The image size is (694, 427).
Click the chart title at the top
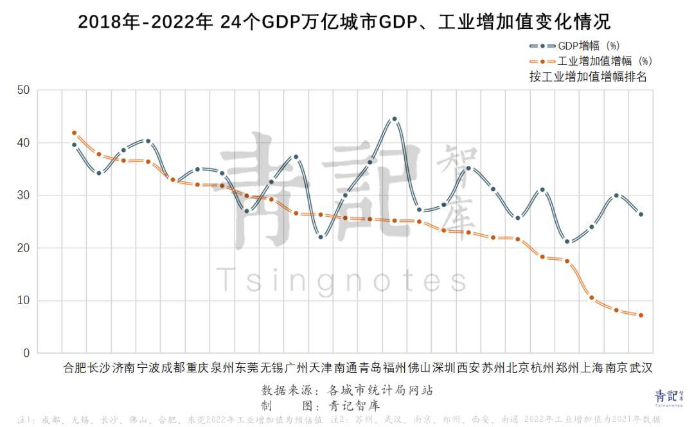point(344,22)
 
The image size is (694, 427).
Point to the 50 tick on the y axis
point(24,90)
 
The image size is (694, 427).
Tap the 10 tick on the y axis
point(24,301)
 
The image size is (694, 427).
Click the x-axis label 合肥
point(75,368)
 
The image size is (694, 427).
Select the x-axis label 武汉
point(641,368)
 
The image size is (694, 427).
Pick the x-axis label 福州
point(395,368)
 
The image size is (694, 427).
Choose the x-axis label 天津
point(321,368)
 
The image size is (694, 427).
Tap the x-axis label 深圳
point(443,368)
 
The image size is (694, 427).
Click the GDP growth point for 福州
point(395,119)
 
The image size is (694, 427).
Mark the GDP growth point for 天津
point(321,237)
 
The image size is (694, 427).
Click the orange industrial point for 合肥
point(75,133)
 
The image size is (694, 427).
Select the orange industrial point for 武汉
point(641,315)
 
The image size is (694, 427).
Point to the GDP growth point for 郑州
point(567,241)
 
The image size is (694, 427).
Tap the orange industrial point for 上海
point(591,298)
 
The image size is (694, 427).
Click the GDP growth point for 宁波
point(148,141)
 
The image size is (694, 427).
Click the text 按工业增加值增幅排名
point(588,77)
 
